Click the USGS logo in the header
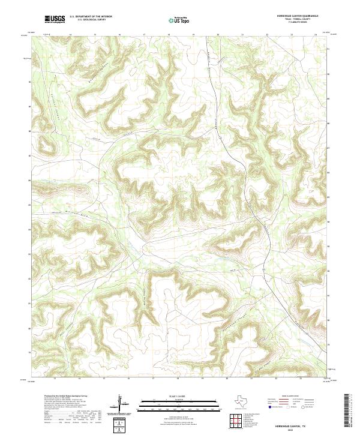point(55,19)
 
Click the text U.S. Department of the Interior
point(91,16)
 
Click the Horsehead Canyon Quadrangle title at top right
point(298,16)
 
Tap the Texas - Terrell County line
point(298,20)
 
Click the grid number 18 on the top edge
point(169,35)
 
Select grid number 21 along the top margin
point(242,35)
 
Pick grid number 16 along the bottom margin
point(129,379)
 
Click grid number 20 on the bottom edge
point(227,379)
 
